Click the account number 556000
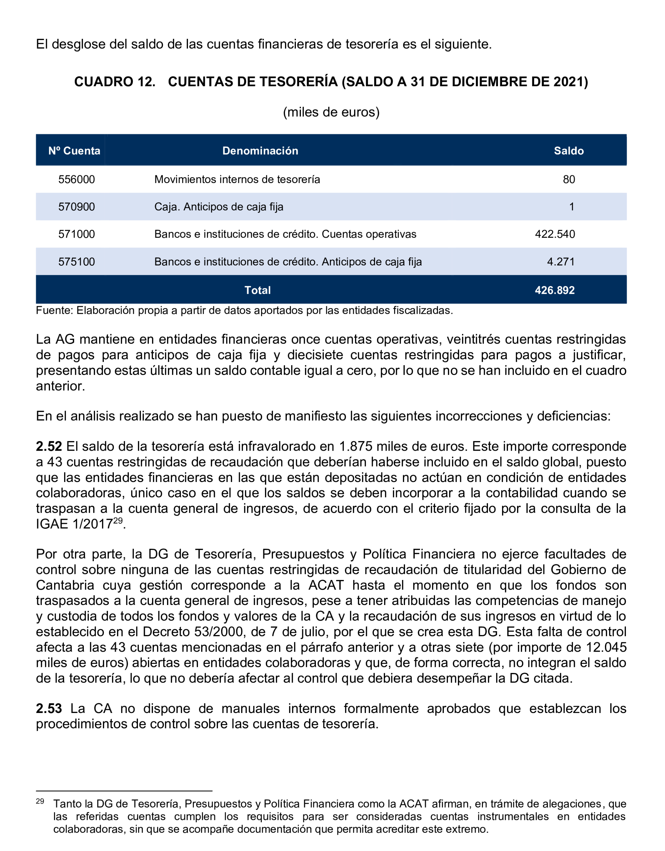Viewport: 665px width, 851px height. tap(77, 179)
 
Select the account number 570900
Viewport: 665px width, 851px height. tap(77, 207)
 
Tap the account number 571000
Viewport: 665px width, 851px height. tap(77, 234)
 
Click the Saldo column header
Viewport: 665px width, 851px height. tap(569, 151)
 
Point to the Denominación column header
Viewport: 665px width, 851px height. tap(260, 151)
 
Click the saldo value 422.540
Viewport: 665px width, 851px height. tap(555, 234)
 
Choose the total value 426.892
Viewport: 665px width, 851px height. tap(555, 290)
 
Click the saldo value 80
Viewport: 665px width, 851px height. tap(569, 179)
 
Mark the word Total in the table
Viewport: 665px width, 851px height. tap(257, 290)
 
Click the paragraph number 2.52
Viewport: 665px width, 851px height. tap(49, 447)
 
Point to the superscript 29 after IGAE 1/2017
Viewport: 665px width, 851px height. tap(118, 520)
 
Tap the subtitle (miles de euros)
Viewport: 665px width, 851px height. tap(331, 112)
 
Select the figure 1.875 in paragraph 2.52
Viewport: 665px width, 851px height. tap(356, 447)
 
